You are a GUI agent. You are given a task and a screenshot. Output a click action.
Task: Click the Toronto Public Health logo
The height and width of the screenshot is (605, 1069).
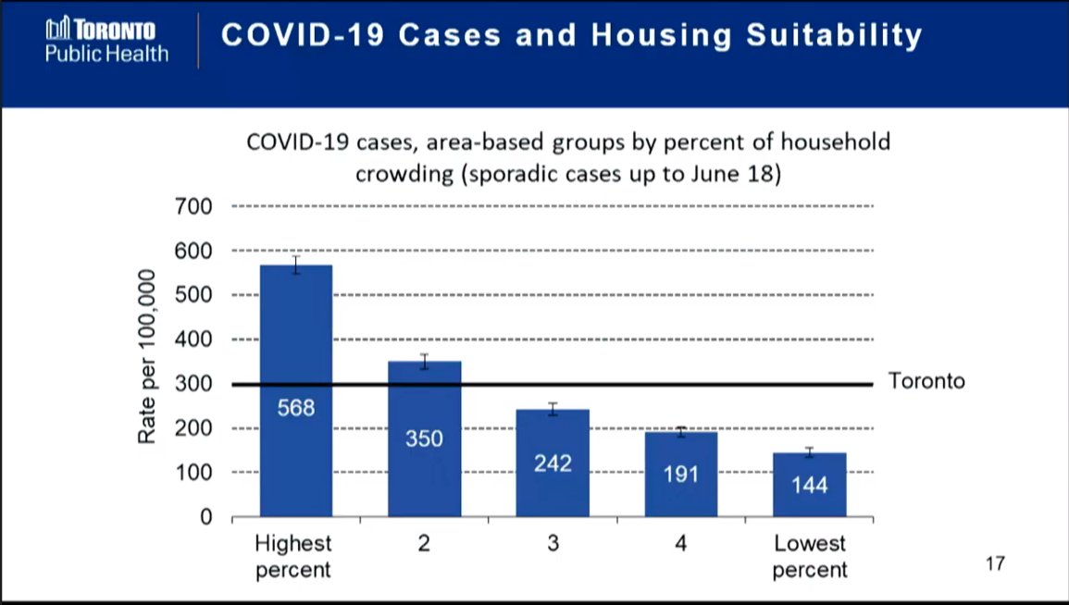tap(106, 42)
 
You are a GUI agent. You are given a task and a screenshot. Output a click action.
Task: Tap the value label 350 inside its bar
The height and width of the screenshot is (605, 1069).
tap(424, 438)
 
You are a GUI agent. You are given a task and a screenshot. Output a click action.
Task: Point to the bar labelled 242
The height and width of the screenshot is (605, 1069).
tap(553, 463)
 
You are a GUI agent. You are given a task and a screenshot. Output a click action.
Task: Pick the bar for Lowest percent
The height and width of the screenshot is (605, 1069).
tap(809, 484)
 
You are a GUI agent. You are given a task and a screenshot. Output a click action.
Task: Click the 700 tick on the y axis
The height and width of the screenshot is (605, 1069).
tap(194, 206)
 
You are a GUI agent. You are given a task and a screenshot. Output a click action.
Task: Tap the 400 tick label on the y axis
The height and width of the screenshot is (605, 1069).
tap(194, 340)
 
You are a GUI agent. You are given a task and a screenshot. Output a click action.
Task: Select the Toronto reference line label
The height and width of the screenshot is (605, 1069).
tap(926, 381)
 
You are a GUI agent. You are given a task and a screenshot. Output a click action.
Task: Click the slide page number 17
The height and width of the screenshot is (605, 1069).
tap(994, 563)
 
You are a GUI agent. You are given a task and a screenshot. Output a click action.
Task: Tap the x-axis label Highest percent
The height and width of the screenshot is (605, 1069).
tap(293, 556)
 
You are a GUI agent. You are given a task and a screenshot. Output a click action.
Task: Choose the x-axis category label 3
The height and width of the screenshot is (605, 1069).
tap(553, 544)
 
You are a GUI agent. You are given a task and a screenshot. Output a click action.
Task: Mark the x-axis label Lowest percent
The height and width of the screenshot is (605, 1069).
tap(809, 556)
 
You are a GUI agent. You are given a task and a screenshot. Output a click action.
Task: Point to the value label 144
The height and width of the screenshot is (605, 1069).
tap(809, 486)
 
